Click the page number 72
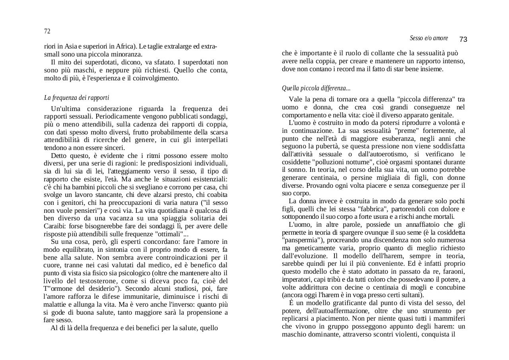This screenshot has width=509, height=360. click(x=47, y=31)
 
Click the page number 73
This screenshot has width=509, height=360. click(x=463, y=39)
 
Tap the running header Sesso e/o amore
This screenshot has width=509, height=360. click(x=429, y=38)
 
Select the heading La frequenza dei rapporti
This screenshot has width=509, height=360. click(x=76, y=97)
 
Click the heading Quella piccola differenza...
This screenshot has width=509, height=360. click(x=316, y=88)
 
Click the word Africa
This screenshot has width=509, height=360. click(x=125, y=47)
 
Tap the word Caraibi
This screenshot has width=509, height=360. click(x=55, y=226)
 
